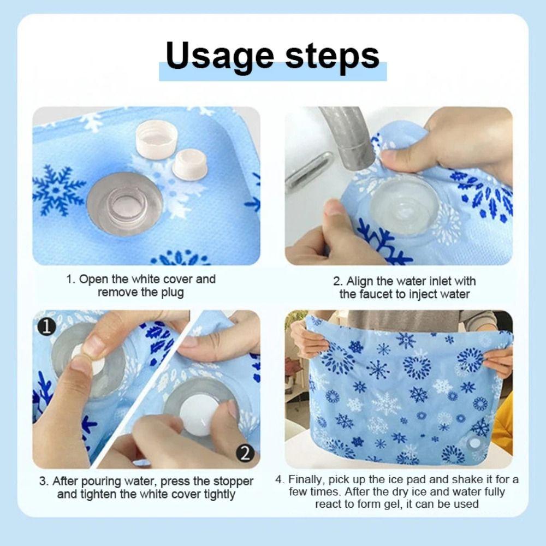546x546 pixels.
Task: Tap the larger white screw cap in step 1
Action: click(156, 138)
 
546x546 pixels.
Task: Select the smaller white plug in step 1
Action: click(189, 163)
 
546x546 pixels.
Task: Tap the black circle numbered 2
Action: click(245, 453)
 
